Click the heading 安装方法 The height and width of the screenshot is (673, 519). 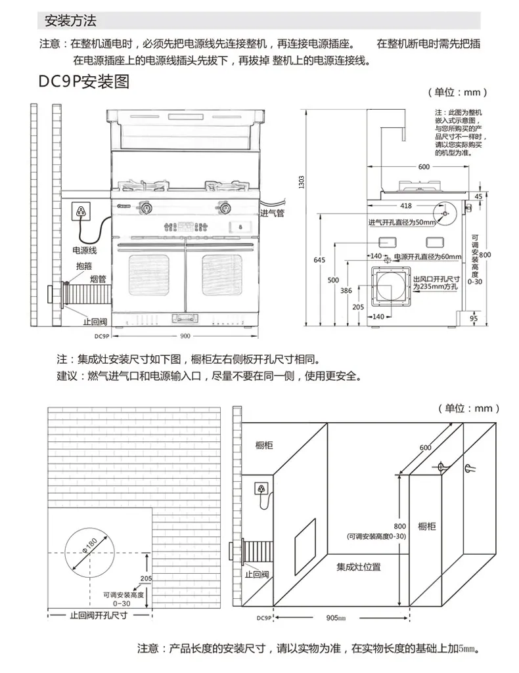click(70, 22)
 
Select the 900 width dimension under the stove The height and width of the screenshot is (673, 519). click(184, 336)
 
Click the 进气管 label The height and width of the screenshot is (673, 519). click(271, 213)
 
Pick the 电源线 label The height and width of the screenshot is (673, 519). click(84, 250)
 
